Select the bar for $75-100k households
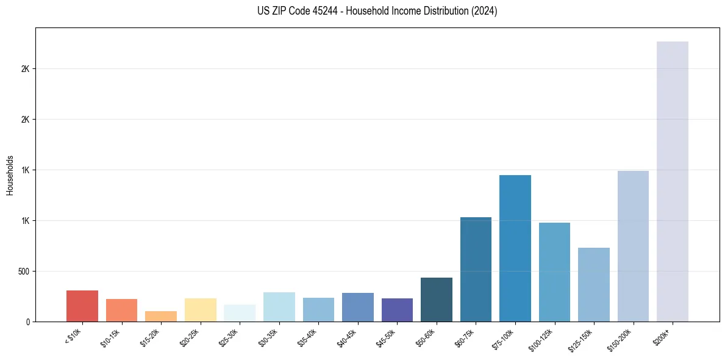coord(515,248)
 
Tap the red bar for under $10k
coord(82,306)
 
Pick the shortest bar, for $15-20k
coord(161,316)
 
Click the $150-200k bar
coord(633,246)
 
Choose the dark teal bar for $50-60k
coord(436,300)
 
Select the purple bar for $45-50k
coord(397,310)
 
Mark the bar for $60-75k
coord(476,269)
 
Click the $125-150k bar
coord(593,284)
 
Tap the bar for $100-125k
coord(554,272)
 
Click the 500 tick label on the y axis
coord(24,271)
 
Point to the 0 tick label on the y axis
coord(28,322)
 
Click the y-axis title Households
coord(10,175)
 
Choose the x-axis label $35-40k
coord(309,337)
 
